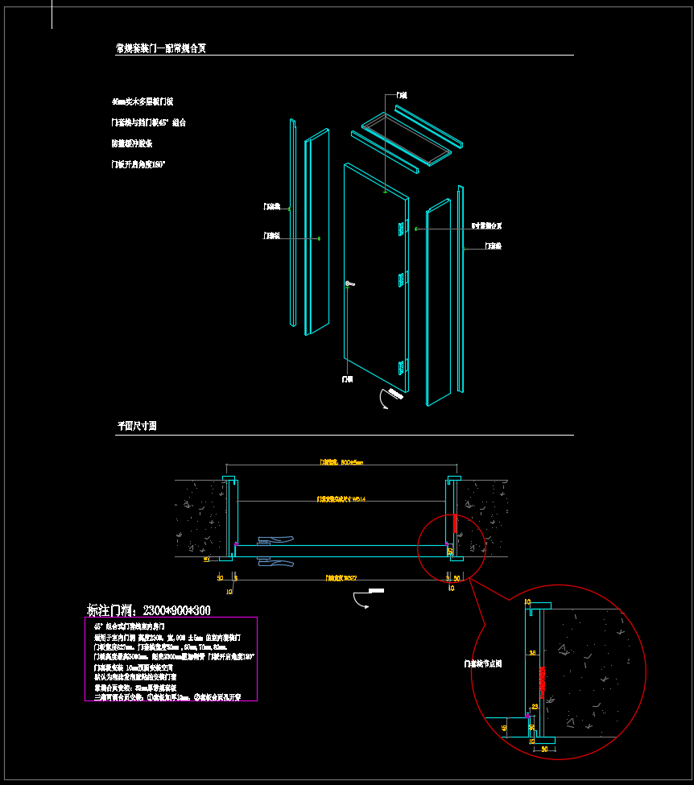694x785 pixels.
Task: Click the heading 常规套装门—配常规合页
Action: tap(161, 48)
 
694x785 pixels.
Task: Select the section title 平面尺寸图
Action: tap(137, 426)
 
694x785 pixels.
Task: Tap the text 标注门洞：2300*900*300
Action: tap(148, 610)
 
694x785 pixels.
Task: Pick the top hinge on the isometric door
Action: tap(400, 229)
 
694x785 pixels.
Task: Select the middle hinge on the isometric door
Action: tap(401, 280)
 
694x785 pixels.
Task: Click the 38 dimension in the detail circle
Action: tap(531, 653)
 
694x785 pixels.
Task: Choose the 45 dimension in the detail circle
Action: tap(504, 728)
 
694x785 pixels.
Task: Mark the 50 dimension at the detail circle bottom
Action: tap(544, 749)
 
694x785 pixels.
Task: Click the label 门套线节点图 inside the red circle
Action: tap(483, 664)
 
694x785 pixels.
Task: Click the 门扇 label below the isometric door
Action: tap(347, 378)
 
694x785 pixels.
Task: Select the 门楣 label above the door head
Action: tap(401, 96)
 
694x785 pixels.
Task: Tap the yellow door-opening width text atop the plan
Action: tap(341, 463)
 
